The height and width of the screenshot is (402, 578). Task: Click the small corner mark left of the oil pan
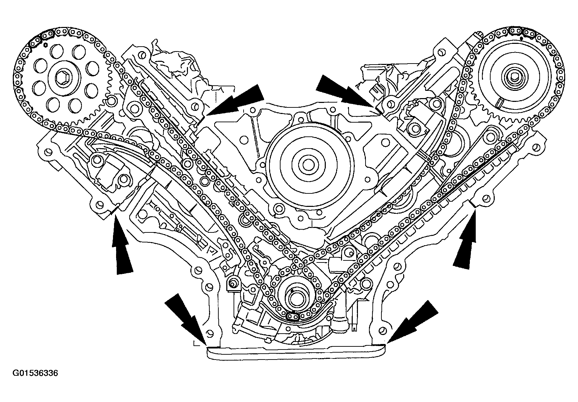tap(195, 343)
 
